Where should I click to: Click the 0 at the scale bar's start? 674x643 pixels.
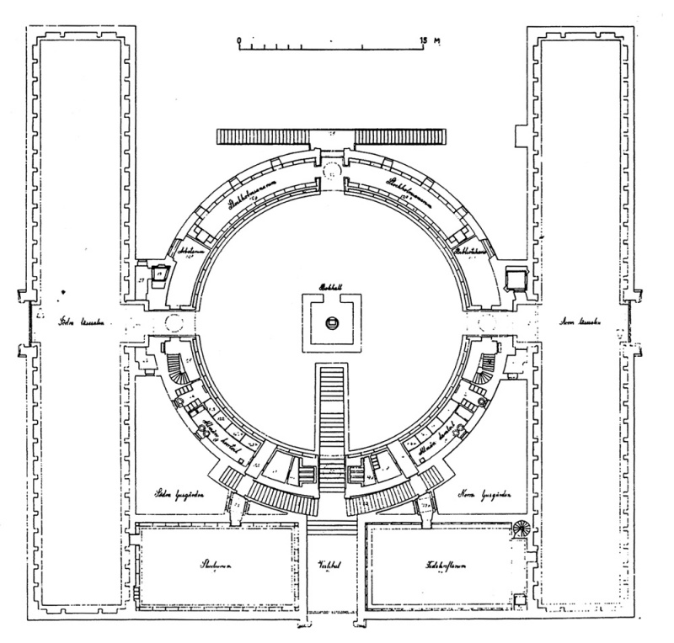coord(239,39)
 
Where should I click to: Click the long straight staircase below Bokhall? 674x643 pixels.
coord(332,404)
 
